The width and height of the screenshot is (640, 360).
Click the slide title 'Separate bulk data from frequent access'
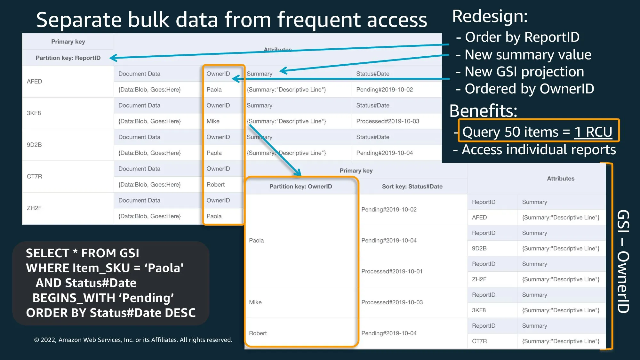click(x=231, y=20)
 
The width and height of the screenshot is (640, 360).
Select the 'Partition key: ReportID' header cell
click(x=68, y=58)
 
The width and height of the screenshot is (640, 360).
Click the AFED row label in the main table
click(x=35, y=82)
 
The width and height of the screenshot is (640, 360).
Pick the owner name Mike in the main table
click(x=213, y=121)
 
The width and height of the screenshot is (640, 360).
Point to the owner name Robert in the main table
click(x=215, y=185)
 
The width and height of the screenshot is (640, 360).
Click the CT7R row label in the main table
click(x=35, y=177)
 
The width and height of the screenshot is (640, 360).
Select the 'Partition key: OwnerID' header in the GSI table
click(x=300, y=187)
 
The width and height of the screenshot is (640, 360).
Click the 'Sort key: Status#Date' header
click(x=412, y=187)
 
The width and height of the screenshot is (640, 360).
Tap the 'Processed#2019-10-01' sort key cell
click(x=392, y=271)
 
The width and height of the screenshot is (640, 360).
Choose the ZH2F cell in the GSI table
click(x=479, y=279)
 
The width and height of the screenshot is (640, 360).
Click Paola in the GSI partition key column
click(x=256, y=241)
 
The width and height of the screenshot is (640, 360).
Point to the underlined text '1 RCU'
click(x=593, y=132)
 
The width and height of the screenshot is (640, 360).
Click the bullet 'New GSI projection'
click(x=524, y=72)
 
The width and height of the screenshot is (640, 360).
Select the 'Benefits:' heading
click(x=483, y=111)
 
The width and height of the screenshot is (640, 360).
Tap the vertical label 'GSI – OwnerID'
click(x=623, y=261)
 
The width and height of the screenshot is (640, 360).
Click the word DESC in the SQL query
click(x=180, y=313)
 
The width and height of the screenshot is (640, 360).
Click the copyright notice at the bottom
click(x=133, y=340)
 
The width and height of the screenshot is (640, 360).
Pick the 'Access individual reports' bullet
click(x=539, y=150)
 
